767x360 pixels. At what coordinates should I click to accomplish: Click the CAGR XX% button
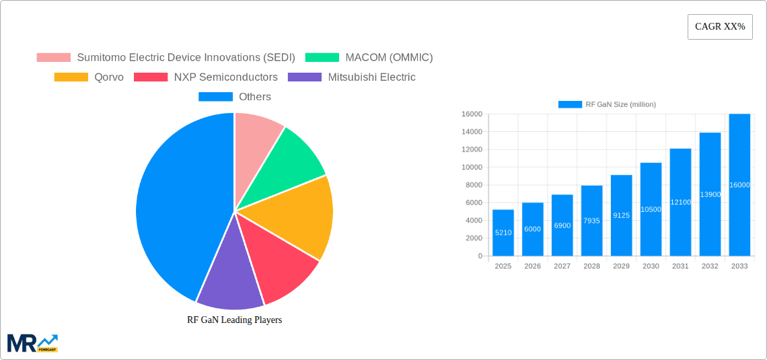[719, 27]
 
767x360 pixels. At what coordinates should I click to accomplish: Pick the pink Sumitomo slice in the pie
[256, 138]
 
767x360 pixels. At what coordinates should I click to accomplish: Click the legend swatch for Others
[215, 97]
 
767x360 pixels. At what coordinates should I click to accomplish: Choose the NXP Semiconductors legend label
[225, 77]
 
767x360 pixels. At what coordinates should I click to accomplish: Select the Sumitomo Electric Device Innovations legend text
[186, 58]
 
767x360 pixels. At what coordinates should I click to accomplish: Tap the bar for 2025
[503, 232]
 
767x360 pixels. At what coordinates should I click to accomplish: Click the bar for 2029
[621, 215]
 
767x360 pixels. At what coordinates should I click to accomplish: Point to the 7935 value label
[591, 221]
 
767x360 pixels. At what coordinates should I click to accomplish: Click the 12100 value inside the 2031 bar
[680, 203]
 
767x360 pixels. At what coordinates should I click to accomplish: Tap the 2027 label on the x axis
[562, 266]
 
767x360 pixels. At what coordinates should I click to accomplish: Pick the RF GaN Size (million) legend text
[620, 104]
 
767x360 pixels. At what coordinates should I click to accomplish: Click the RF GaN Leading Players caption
[234, 320]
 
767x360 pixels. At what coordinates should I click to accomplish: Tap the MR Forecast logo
[32, 343]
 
